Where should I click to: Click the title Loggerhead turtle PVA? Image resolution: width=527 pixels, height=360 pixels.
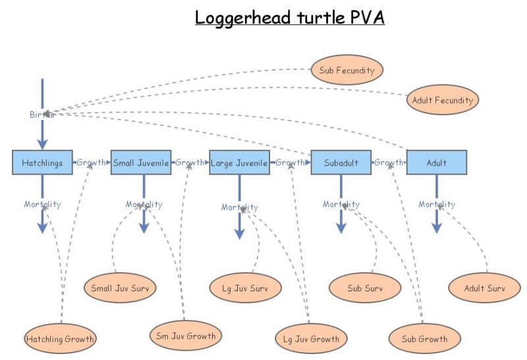pos(289,17)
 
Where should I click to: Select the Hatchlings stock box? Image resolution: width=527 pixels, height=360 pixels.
pos(42,162)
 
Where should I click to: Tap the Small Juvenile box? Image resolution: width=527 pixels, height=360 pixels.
pos(141,162)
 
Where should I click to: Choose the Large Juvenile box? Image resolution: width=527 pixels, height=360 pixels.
pos(239,162)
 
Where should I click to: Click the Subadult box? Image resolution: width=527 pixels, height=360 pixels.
pos(341,162)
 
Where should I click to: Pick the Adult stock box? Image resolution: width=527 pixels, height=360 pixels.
pos(436,162)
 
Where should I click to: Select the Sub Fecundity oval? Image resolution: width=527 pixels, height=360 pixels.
pos(347,70)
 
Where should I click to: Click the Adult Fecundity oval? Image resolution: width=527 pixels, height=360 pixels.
pos(442,100)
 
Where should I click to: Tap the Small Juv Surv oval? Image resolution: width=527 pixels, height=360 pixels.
pos(120,287)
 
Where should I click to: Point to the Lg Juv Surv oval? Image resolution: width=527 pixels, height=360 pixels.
pos(246,287)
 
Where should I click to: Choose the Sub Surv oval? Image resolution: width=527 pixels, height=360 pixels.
pos(365,287)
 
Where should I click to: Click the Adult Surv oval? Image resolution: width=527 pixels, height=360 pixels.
pos(484,287)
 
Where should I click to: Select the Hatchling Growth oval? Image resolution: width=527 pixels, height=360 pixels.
pos(60,340)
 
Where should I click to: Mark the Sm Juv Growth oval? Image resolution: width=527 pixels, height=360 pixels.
pos(185,336)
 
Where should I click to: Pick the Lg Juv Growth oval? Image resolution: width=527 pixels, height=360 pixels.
pos(310,339)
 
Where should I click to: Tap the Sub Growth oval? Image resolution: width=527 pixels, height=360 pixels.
pos(424,339)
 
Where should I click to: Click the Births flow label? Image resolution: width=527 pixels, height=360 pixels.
pos(42,115)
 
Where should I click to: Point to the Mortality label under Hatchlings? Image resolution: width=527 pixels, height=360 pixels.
pos(42,204)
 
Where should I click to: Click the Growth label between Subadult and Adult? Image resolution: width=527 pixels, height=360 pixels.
pos(389,162)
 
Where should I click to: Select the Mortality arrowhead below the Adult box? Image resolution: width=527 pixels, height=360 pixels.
pos(436,227)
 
